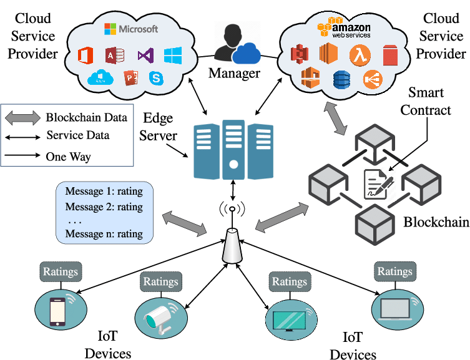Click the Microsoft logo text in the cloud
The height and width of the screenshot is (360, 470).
coord(131,29)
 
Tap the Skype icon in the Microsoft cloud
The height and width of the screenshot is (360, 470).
coord(156,78)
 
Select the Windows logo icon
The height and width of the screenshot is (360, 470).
coord(173,56)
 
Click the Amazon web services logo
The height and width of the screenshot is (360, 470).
coord(344,28)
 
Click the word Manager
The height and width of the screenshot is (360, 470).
coord(234,74)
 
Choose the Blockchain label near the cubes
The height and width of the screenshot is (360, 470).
coord(436,222)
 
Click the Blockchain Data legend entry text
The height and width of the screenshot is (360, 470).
coord(86,117)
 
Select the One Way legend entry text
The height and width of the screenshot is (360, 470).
coord(68,156)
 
